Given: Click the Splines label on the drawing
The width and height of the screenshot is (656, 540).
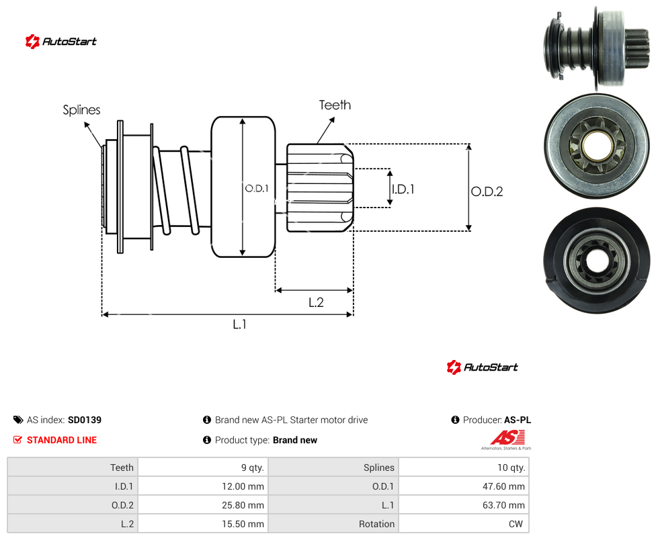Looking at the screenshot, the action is click(81, 110).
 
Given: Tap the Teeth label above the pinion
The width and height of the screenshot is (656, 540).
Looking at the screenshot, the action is click(335, 105).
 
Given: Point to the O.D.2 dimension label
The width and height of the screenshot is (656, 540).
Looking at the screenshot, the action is click(487, 191).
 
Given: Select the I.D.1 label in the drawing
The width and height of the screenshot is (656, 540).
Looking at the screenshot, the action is click(403, 189).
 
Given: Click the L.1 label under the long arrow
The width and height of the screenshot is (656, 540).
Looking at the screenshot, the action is click(240, 324).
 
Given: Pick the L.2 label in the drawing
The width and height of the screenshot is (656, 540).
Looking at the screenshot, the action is click(316, 302).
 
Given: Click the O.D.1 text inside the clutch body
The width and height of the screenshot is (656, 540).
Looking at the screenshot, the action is click(257, 189).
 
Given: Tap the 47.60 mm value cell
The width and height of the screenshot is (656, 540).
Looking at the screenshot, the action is click(464, 486).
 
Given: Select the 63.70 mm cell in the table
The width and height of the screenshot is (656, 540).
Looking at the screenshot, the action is click(464, 505).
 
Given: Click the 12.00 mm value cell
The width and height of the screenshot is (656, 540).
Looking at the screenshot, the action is click(203, 486).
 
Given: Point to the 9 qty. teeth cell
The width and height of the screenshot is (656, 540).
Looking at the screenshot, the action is click(203, 467).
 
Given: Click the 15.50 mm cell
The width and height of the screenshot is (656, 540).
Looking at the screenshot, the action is click(203, 524).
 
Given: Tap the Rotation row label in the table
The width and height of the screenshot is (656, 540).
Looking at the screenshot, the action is click(376, 524).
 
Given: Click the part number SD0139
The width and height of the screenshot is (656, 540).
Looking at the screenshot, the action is click(85, 420).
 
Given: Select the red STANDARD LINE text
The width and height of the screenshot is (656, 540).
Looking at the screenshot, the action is click(62, 440).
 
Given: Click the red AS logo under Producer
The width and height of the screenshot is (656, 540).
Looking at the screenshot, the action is click(507, 438).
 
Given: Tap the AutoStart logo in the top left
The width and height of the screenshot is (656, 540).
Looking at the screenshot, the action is click(61, 42).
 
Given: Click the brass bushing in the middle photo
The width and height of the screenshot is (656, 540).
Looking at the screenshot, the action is click(597, 146).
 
